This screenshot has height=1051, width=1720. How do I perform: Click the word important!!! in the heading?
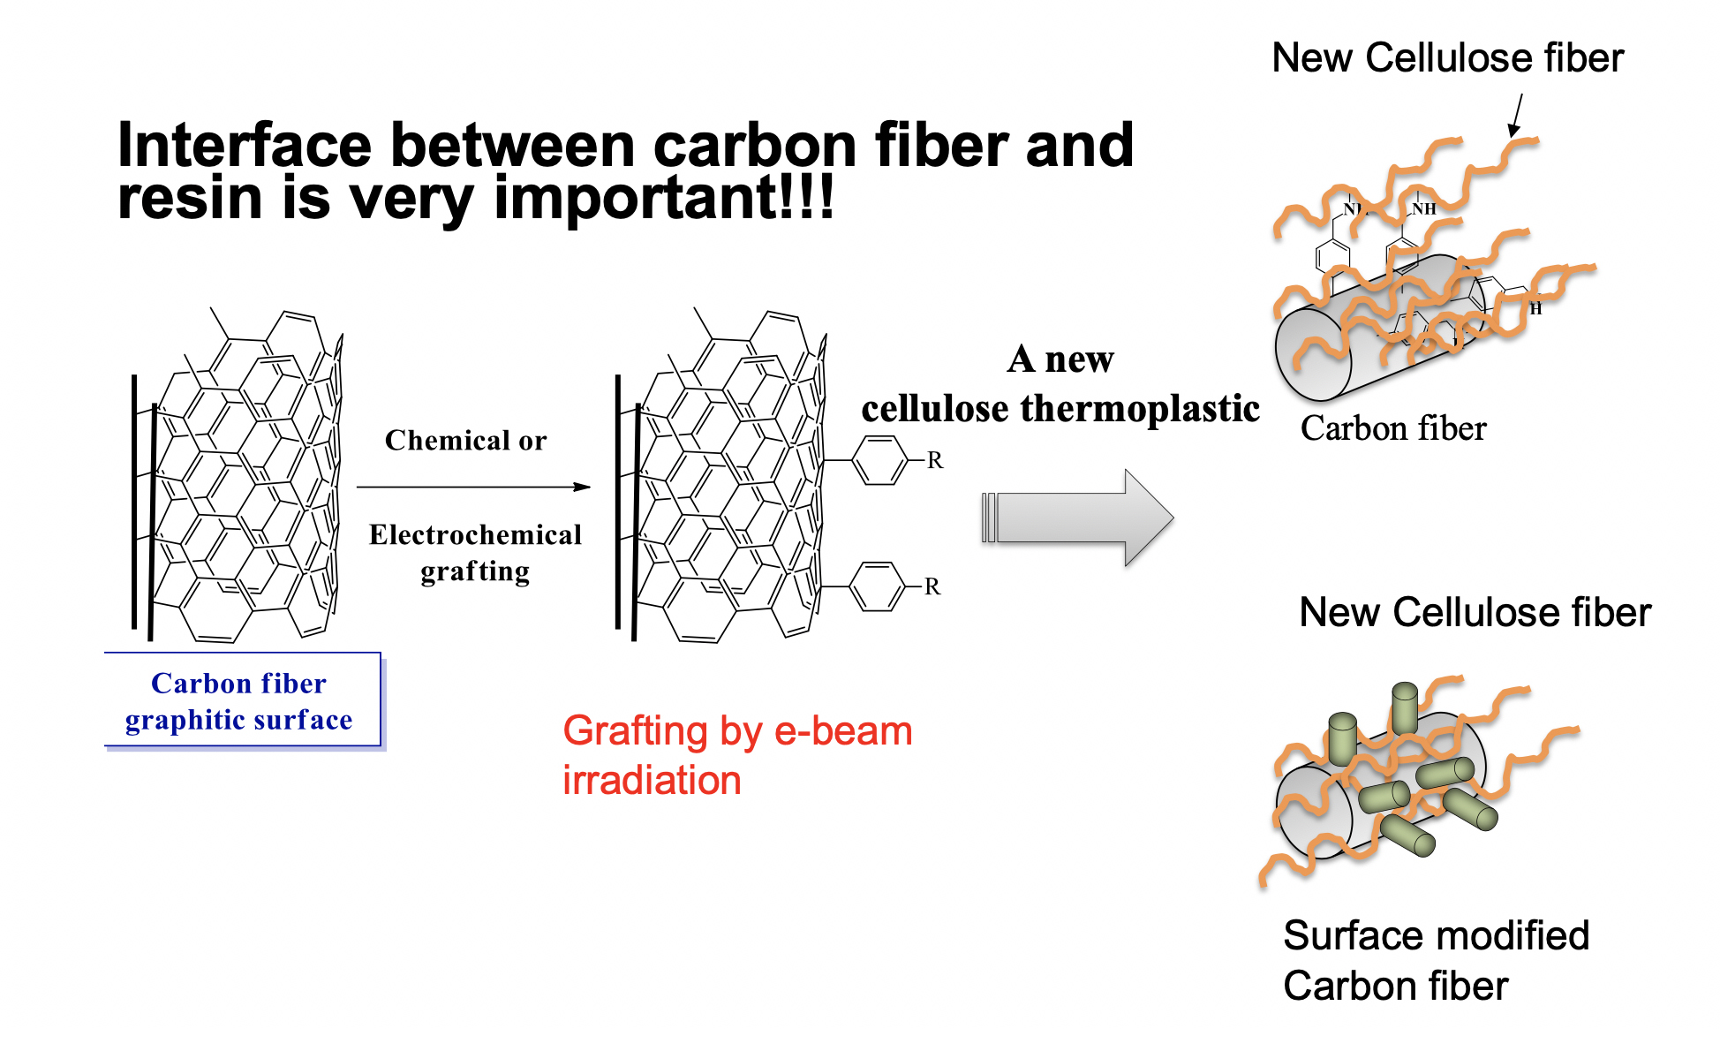click(664, 198)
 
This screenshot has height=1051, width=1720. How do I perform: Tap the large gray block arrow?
click(1077, 518)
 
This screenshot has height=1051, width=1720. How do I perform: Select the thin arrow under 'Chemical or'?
click(473, 487)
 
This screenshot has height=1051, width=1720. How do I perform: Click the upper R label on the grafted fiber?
click(935, 460)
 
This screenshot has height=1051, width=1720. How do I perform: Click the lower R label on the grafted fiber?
click(932, 586)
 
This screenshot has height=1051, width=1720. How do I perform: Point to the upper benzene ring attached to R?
click(880, 460)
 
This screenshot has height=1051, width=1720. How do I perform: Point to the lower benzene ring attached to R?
click(878, 586)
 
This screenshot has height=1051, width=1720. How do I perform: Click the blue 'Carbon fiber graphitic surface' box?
click(243, 700)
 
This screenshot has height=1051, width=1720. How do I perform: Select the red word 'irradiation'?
click(652, 781)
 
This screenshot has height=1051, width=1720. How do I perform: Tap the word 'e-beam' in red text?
click(843, 731)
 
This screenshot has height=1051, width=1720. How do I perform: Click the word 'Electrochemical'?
click(475, 534)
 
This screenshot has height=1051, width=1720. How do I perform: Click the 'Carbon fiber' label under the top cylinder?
click(1393, 428)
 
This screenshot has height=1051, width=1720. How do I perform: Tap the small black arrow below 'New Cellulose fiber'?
click(1516, 116)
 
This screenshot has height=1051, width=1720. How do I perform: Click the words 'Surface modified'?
click(1437, 935)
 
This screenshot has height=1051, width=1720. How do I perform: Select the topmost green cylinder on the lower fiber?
click(1405, 707)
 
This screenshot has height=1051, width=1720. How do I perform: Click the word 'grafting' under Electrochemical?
click(475, 572)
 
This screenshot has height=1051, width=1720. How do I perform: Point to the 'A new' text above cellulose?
click(1060, 359)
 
